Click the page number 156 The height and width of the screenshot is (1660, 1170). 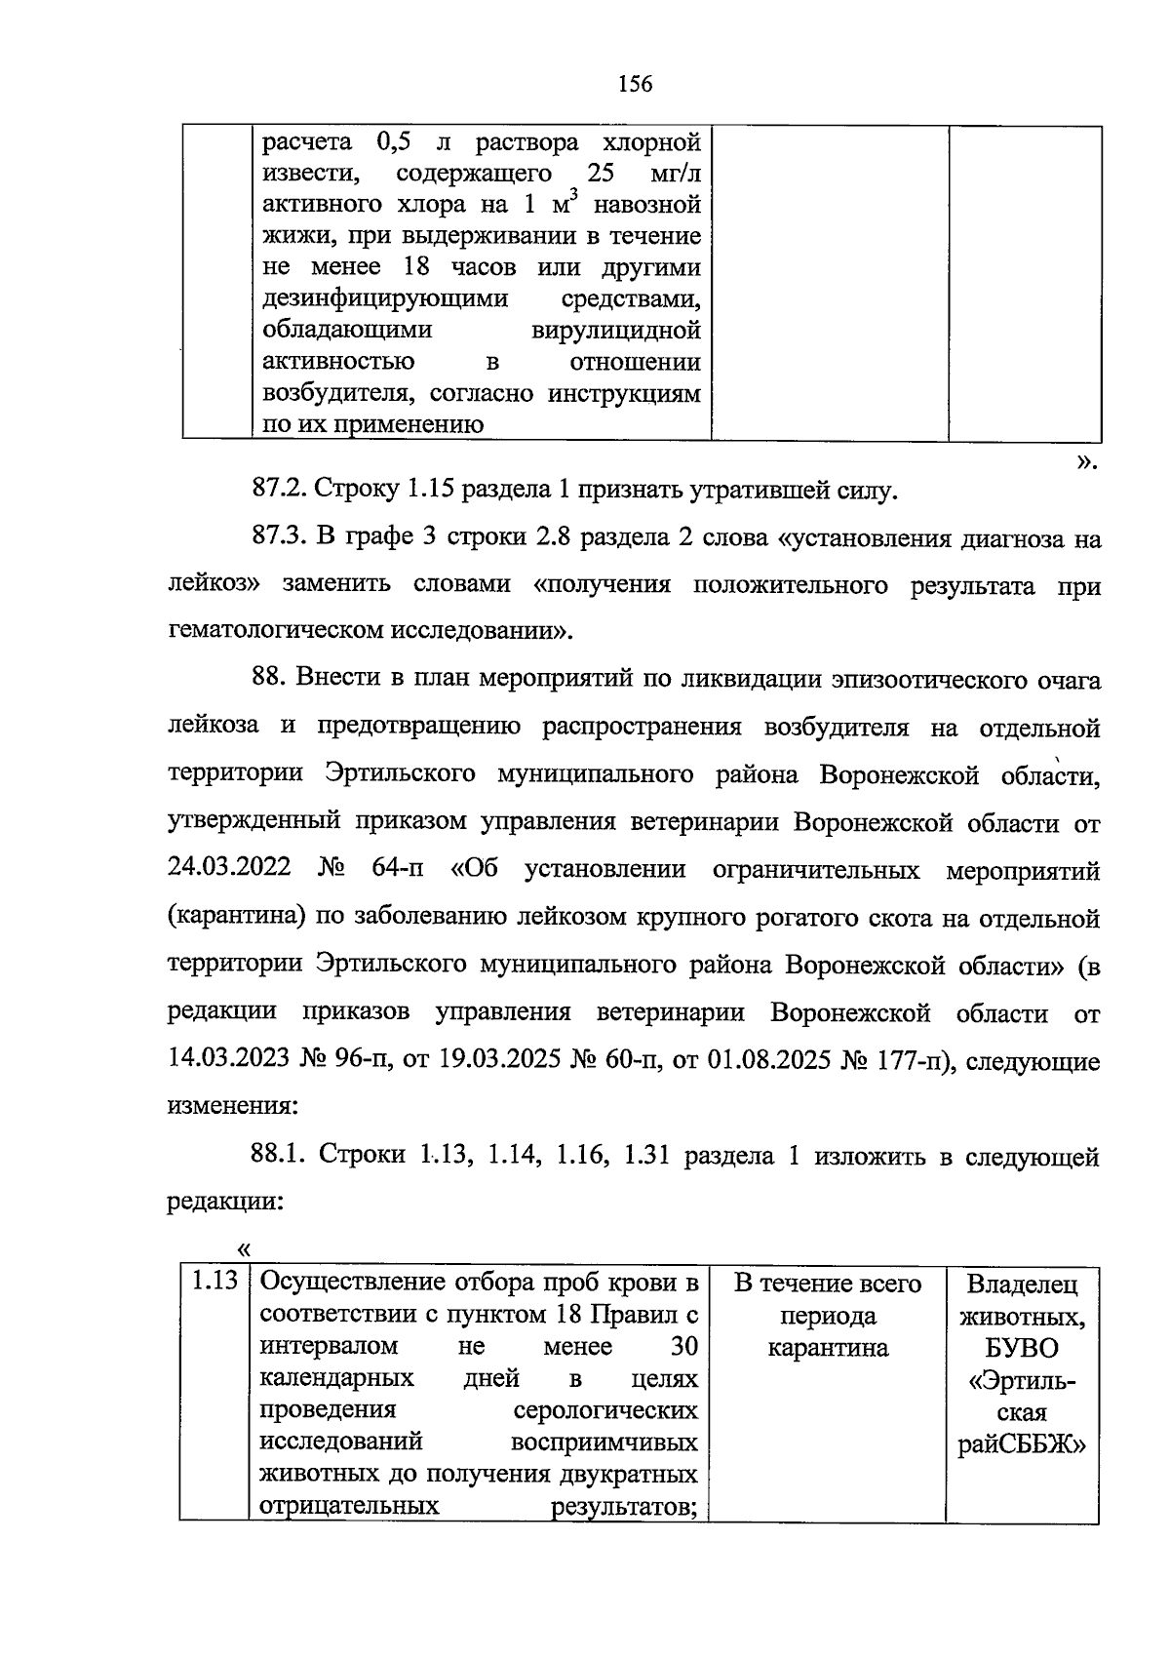point(635,84)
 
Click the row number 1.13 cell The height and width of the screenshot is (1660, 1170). point(214,1281)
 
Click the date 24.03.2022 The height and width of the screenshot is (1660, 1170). point(229,869)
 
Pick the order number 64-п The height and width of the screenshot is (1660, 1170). point(398,869)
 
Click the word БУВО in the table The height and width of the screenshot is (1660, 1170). point(1022,1348)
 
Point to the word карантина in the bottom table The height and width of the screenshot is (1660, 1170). point(828,1348)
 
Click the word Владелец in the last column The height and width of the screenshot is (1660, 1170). point(1022,1284)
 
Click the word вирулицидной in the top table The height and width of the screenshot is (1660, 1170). point(616,330)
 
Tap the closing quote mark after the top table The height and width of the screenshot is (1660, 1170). point(1088,460)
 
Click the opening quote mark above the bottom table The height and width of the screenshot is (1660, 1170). point(244,1248)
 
